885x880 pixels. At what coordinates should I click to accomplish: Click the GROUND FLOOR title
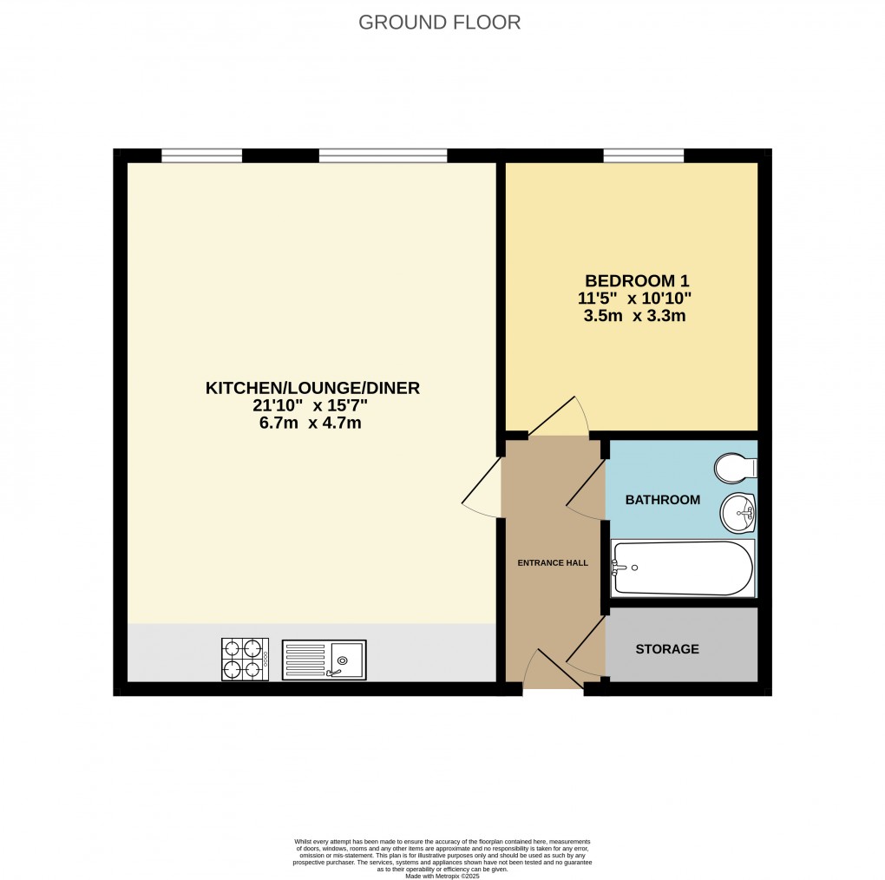tap(440, 23)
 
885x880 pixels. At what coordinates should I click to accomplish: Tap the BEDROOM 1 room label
tap(631, 281)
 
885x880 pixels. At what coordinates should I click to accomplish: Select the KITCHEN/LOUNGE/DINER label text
tap(312, 389)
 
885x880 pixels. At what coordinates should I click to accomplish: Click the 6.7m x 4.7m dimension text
tap(312, 424)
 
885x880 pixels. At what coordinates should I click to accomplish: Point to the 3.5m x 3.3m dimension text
tap(634, 316)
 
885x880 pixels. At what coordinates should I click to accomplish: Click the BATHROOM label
tap(662, 500)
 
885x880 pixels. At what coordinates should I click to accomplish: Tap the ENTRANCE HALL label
tap(553, 563)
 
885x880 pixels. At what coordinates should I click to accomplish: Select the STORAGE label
tap(666, 649)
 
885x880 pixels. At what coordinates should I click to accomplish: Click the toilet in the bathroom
tap(735, 469)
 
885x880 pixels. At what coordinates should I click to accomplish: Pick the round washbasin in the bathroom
tap(738, 511)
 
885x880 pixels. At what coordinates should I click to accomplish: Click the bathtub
tap(682, 568)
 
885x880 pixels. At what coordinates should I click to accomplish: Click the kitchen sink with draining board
tap(324, 660)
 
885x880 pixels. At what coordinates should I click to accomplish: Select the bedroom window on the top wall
tap(643, 156)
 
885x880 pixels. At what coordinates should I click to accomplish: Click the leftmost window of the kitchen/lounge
tap(201, 156)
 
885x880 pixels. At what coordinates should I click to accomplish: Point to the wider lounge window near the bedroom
tap(383, 156)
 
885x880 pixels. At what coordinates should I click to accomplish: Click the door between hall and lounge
tap(483, 490)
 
